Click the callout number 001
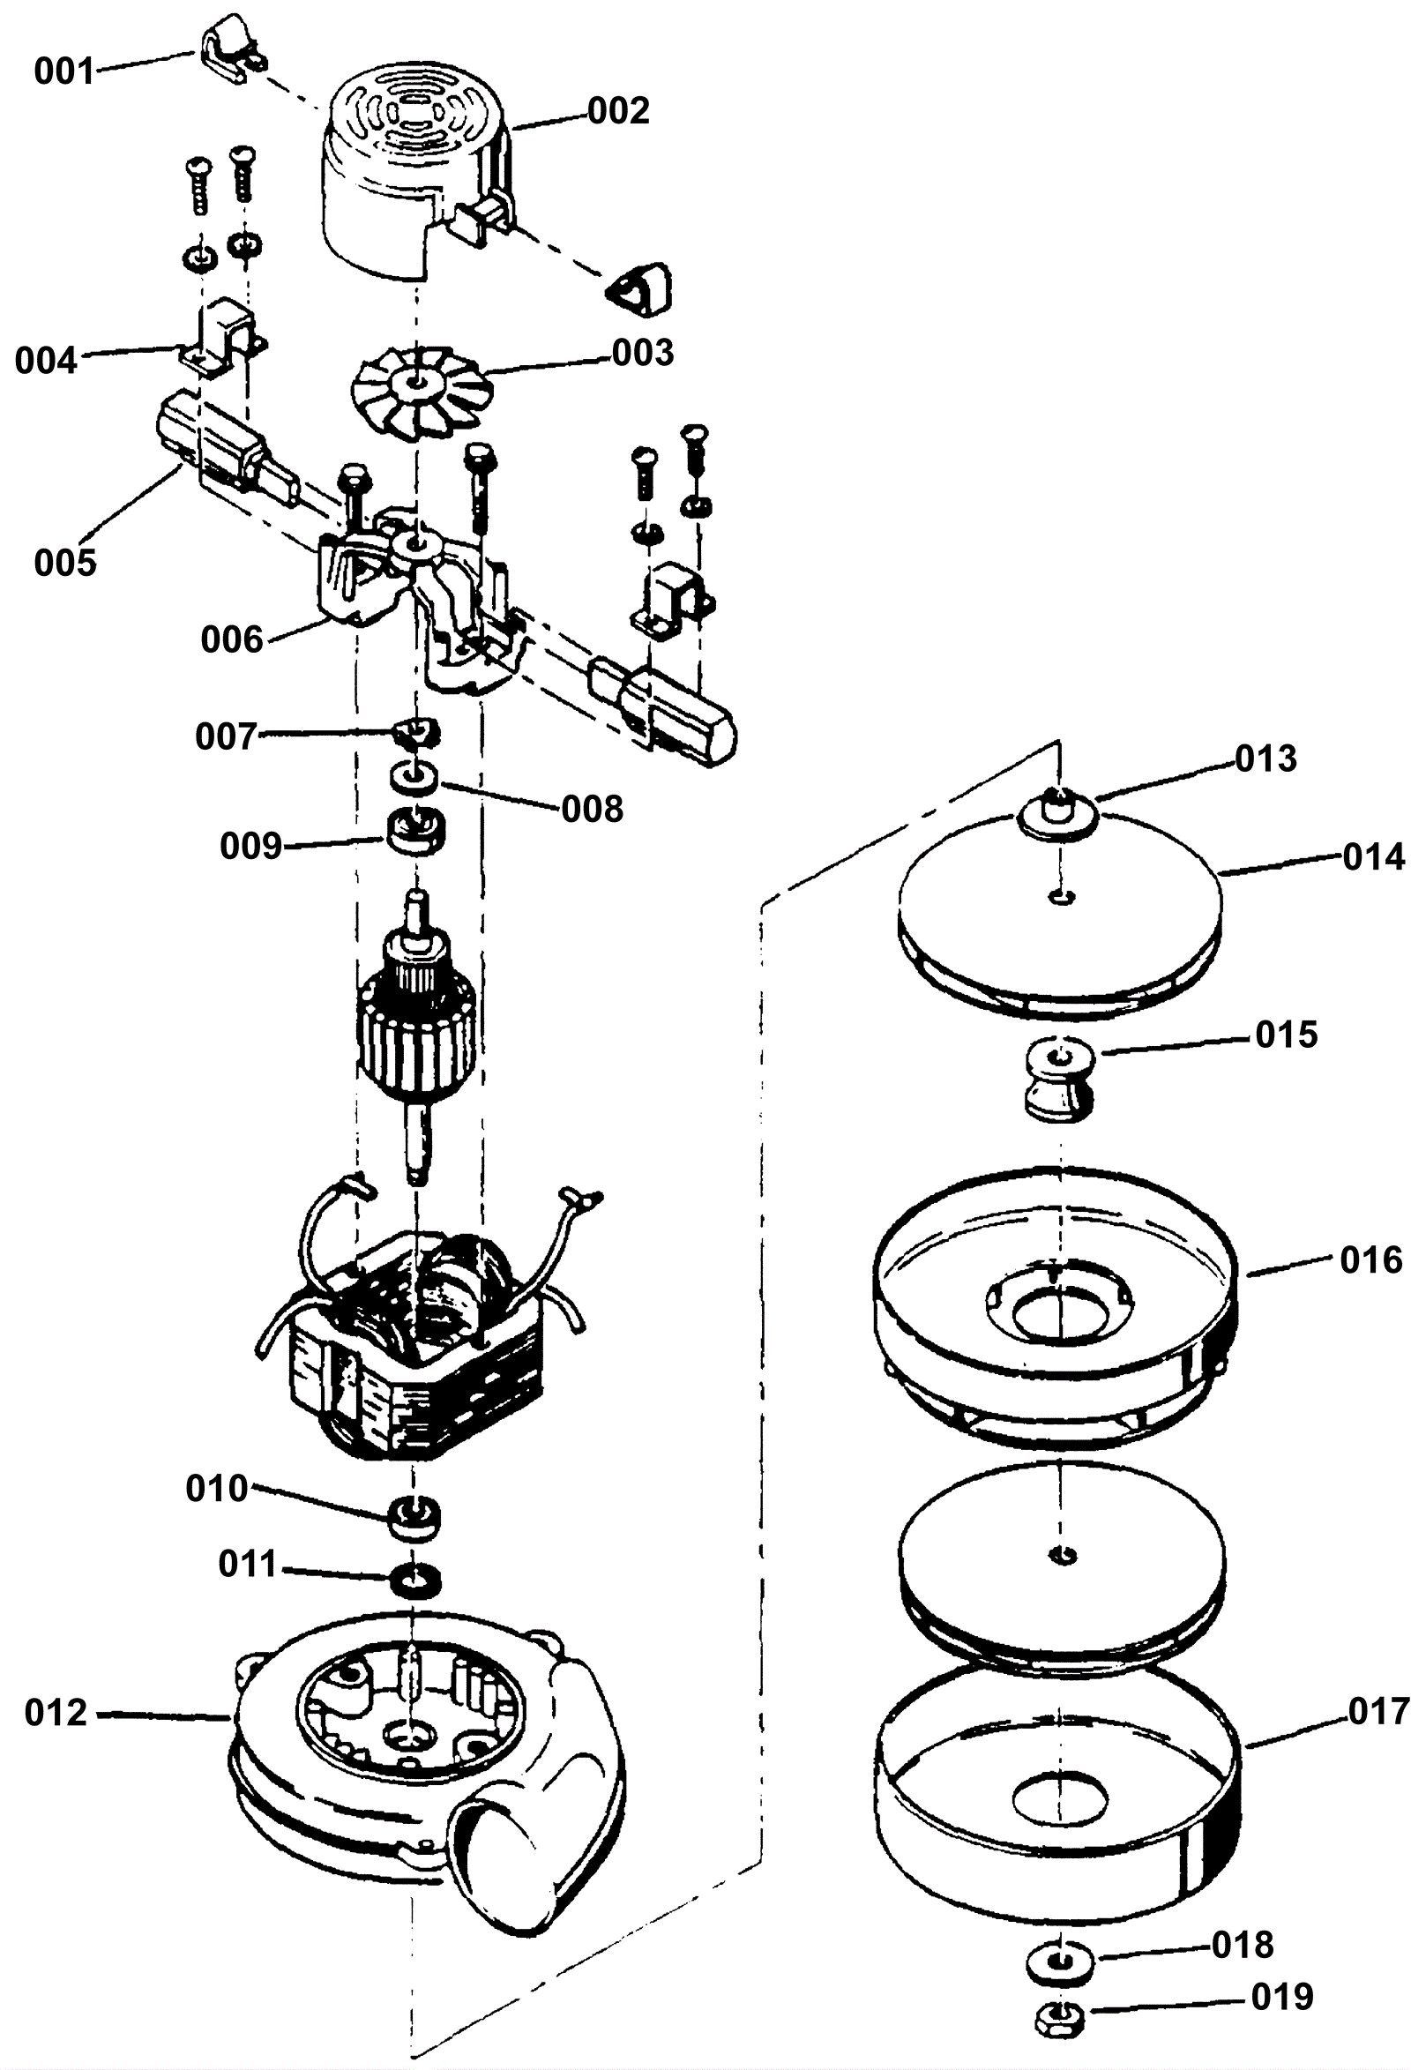[x=64, y=71]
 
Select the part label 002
[x=618, y=111]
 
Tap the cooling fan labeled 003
[x=420, y=391]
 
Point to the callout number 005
[x=65, y=562]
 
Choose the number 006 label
[x=232, y=639]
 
